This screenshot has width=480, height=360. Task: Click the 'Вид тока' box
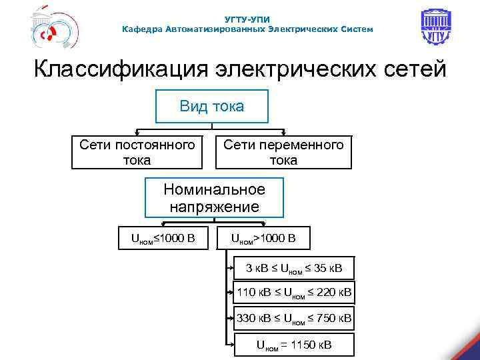pyautogui.click(x=211, y=107)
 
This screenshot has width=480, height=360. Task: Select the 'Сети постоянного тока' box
pyautogui.click(x=137, y=153)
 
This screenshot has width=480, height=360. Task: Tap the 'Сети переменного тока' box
pyautogui.click(x=283, y=153)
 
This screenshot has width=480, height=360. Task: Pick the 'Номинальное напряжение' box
pyautogui.click(x=214, y=198)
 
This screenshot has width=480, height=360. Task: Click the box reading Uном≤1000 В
pyautogui.click(x=162, y=238)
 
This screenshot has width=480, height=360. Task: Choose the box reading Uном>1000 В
pyautogui.click(x=263, y=238)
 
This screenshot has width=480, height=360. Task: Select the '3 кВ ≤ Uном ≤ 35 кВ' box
pyautogui.click(x=293, y=269)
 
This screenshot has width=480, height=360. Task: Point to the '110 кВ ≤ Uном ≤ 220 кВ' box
pyautogui.click(x=294, y=291)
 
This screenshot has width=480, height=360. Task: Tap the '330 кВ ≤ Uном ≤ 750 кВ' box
pyautogui.click(x=294, y=319)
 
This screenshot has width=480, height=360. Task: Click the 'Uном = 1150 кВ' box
pyautogui.click(x=294, y=345)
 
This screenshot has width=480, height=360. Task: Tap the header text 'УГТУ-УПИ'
pyautogui.click(x=247, y=19)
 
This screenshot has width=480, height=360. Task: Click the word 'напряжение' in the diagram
pyautogui.click(x=214, y=207)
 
